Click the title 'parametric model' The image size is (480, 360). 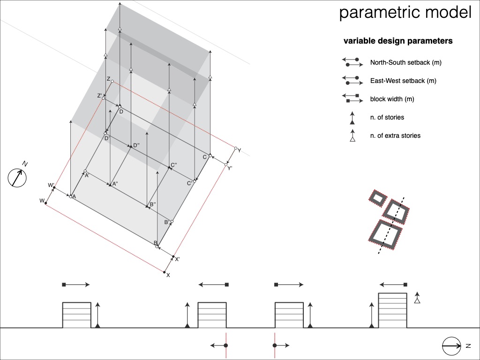coord(405,13)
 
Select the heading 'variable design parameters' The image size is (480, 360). coord(398,41)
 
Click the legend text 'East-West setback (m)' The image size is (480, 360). coord(403,81)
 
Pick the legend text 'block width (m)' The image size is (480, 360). coord(392,99)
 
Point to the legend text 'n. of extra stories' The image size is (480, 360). coord(395,135)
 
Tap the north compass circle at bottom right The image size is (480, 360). coord(451,346)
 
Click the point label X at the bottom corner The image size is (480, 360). coord(168,275)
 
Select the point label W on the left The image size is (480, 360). coord(42,201)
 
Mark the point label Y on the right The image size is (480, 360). coord(240,150)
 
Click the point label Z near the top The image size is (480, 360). coord(108,79)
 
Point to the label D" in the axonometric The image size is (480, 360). coord(136,145)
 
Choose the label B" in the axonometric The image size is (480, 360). coord(152,204)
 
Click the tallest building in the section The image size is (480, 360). coord(392,310)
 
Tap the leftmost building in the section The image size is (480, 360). coord(77,315)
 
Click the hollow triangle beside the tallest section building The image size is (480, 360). coord(417,300)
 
